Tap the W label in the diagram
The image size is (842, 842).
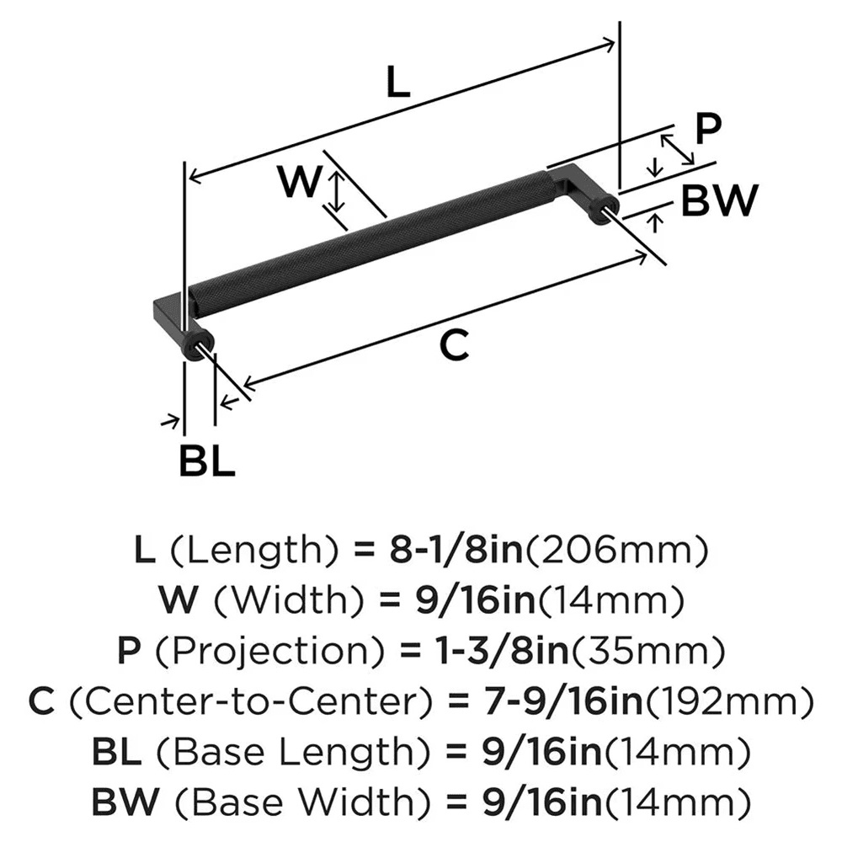pos(300,183)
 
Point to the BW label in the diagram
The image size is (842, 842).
pos(719,200)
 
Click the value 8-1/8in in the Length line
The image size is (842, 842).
pos(454,551)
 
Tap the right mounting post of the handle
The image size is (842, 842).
pos(602,210)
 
